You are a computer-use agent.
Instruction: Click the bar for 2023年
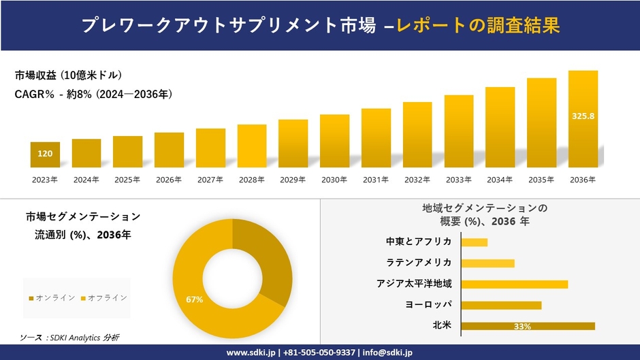click(x=45, y=154)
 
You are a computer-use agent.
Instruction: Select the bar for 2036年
click(x=583, y=119)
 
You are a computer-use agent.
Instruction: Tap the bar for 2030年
click(x=334, y=141)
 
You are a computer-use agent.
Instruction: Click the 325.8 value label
click(x=583, y=116)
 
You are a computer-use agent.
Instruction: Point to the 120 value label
click(x=45, y=154)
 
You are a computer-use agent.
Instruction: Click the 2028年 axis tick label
click(x=251, y=180)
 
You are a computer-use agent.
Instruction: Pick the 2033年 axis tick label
click(x=458, y=180)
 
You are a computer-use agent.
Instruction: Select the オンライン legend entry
click(x=52, y=298)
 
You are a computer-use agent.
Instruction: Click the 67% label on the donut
click(x=194, y=299)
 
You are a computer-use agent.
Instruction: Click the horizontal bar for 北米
click(x=528, y=326)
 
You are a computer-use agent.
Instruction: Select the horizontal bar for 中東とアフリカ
click(x=474, y=242)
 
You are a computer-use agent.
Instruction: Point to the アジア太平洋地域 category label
click(x=414, y=284)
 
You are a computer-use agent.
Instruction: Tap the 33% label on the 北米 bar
click(x=522, y=327)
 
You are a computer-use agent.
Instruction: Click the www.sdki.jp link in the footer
click(x=250, y=353)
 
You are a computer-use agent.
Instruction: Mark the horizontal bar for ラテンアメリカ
click(x=487, y=263)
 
